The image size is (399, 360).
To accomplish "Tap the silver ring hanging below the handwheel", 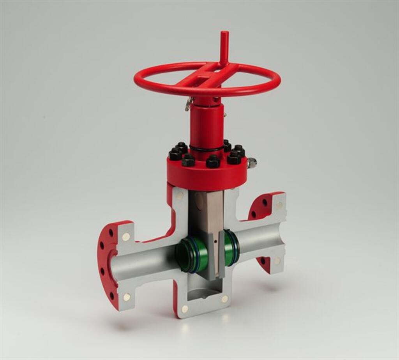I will tap(189, 103).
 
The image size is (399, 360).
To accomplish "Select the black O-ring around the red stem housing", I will tap(207, 149).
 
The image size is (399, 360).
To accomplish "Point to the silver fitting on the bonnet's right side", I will tap(251, 163).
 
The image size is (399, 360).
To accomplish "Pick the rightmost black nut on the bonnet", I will tap(239, 151).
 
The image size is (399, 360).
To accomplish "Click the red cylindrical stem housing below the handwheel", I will tap(207, 125).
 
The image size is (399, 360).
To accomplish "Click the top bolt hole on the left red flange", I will tap(111, 233).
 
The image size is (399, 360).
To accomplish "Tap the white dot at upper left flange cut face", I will tap(126, 236).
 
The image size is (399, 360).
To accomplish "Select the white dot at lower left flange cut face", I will tap(126, 297).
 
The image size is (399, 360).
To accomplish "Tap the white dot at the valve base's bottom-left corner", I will tap(185, 309).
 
